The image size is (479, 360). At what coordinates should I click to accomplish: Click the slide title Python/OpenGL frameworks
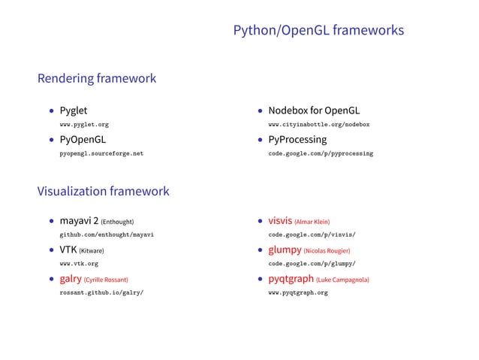318,31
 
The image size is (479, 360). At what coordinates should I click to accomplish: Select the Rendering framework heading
97,78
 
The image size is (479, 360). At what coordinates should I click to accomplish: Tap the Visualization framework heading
103,191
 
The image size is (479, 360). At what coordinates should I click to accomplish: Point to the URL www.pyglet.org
85,124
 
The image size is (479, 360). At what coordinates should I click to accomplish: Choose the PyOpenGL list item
83,140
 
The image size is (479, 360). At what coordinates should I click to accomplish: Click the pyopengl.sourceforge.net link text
101,153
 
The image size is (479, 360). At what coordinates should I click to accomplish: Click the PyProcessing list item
297,140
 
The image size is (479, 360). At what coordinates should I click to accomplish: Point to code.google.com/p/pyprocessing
321,153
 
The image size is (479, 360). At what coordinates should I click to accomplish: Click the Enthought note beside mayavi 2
117,222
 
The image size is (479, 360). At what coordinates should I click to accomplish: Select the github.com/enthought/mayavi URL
107,235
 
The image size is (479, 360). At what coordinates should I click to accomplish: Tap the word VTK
68,250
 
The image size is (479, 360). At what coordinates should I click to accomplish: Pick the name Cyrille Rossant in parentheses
111,280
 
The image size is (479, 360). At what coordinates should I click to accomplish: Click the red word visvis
280,222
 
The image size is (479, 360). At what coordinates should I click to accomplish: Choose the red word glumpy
285,250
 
